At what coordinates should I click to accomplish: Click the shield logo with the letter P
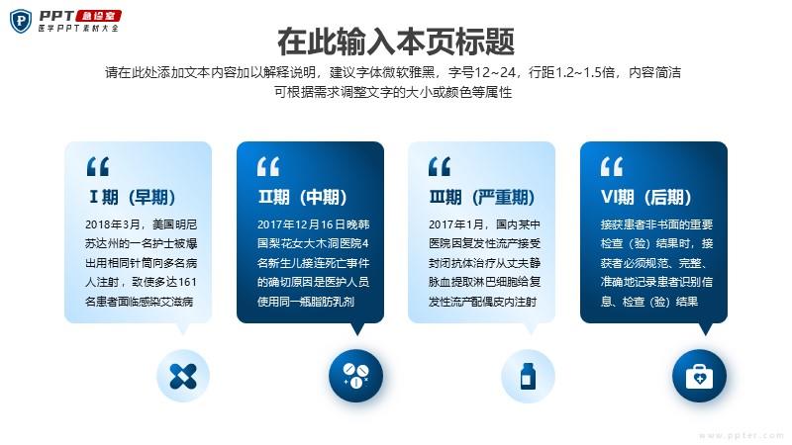click(x=21, y=21)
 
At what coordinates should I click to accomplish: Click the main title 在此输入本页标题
click(x=396, y=42)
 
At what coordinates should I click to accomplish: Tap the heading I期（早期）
click(x=133, y=197)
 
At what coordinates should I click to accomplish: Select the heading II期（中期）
click(x=303, y=197)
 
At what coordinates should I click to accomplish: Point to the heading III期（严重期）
click(x=482, y=197)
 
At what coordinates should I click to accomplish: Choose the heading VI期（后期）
click(x=646, y=197)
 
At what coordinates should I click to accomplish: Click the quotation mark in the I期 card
click(x=98, y=166)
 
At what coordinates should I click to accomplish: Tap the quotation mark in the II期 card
click(x=268, y=166)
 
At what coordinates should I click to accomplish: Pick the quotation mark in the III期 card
click(x=440, y=166)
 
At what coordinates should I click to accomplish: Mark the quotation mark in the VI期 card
click(x=612, y=166)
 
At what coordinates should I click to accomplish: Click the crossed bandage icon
click(x=183, y=376)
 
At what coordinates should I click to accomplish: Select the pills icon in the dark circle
click(x=355, y=376)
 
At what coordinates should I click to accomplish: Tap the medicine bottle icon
click(x=528, y=376)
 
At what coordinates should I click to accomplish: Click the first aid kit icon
click(x=700, y=377)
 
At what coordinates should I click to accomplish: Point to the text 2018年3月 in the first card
click(x=112, y=224)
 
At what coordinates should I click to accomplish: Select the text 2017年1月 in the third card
click(x=455, y=224)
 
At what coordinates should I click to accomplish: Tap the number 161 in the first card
click(x=187, y=282)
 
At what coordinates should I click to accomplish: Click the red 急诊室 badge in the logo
click(x=98, y=16)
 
